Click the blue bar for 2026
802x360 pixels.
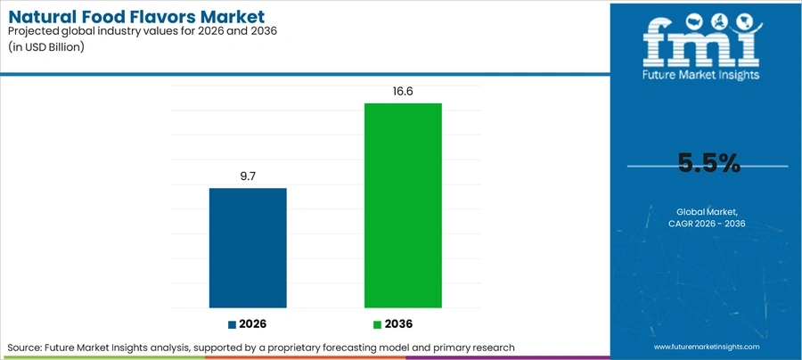(248, 248)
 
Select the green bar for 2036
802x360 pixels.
(403, 206)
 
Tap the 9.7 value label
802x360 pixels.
(248, 176)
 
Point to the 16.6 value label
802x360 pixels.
(403, 92)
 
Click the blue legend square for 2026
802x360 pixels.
(233, 324)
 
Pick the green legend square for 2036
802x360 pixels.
(378, 324)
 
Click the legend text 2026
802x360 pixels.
(253, 324)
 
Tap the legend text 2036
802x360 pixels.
(398, 324)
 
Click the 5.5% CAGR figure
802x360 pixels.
(709, 163)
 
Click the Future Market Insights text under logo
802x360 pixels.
(701, 75)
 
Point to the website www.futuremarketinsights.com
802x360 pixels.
(707, 347)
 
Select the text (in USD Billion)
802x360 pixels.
(45, 47)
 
